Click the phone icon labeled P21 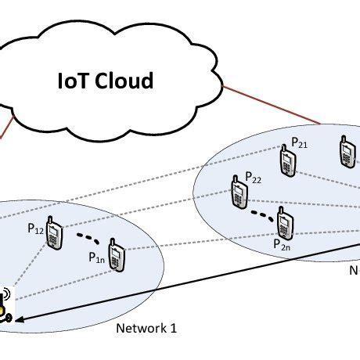coord(286,160)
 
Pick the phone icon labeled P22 coord(236,193)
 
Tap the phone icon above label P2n coord(286,225)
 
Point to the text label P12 coord(35,229)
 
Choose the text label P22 coord(254,179)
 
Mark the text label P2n coord(283,244)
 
